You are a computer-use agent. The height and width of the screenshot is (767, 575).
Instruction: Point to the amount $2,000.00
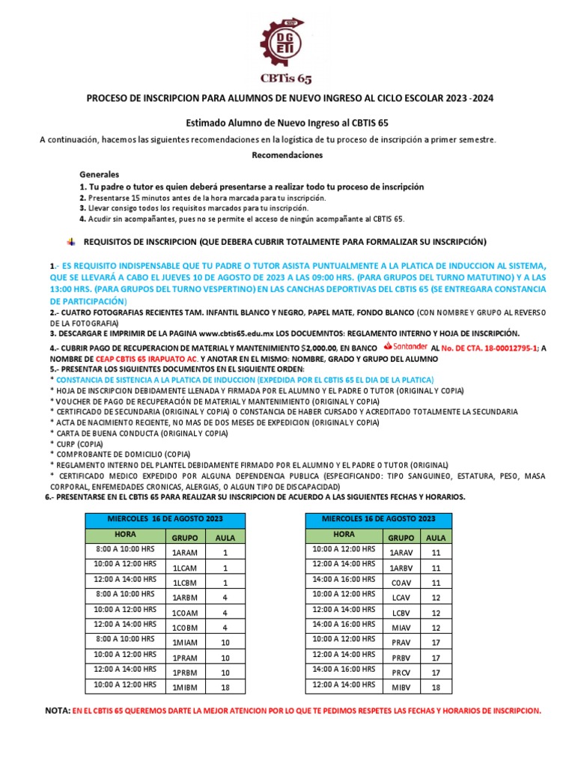(317, 348)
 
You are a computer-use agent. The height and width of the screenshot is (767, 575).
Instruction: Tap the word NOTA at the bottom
(58, 710)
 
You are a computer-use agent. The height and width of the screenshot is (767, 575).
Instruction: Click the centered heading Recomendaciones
(287, 155)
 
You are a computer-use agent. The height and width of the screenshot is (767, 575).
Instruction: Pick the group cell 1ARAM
(185, 552)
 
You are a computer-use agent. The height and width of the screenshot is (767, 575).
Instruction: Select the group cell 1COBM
(185, 628)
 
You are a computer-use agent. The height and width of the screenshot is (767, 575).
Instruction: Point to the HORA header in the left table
(124, 535)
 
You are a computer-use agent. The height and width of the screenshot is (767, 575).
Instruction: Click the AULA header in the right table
(436, 536)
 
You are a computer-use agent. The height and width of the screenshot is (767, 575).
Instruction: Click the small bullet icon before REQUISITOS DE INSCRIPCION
(71, 241)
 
